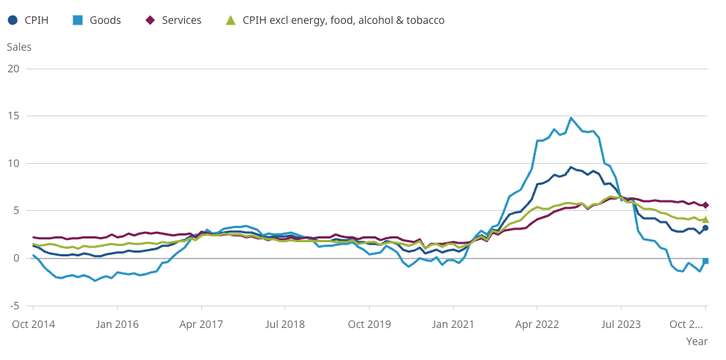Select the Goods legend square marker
[78, 20]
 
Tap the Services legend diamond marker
[150, 20]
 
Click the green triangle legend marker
[230, 20]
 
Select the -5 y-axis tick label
[14, 306]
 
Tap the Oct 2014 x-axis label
[33, 324]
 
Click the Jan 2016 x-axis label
[117, 324]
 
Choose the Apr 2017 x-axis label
[201, 324]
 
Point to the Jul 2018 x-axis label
[285, 324]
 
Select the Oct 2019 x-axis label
[369, 324]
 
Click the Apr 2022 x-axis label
[537, 324]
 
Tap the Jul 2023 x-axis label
[621, 324]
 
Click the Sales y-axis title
[19, 47]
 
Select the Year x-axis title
[697, 341]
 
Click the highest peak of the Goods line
[571, 118]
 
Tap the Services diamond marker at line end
[705, 205]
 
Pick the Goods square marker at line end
[705, 261]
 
